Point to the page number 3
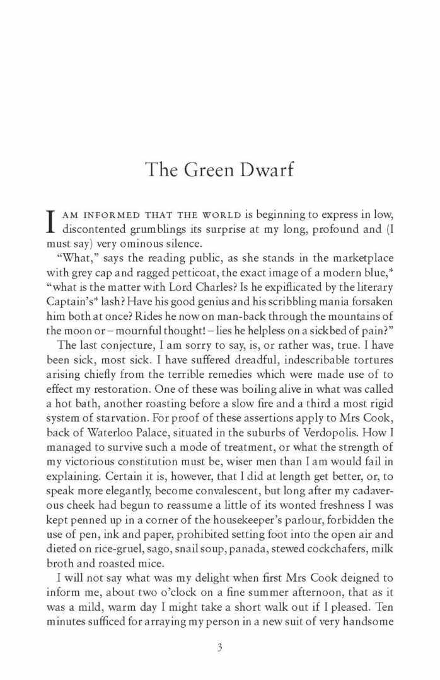coord(220,647)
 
